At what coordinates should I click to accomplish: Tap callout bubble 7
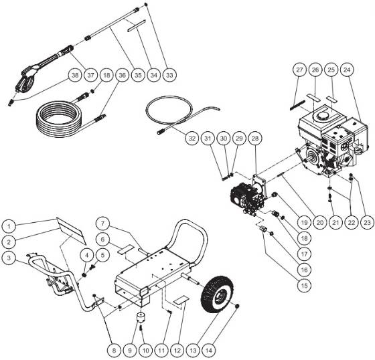point(102,222)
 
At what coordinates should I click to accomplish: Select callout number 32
point(192,140)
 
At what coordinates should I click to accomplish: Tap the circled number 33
point(169,75)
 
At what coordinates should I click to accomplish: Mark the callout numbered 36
point(121,75)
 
